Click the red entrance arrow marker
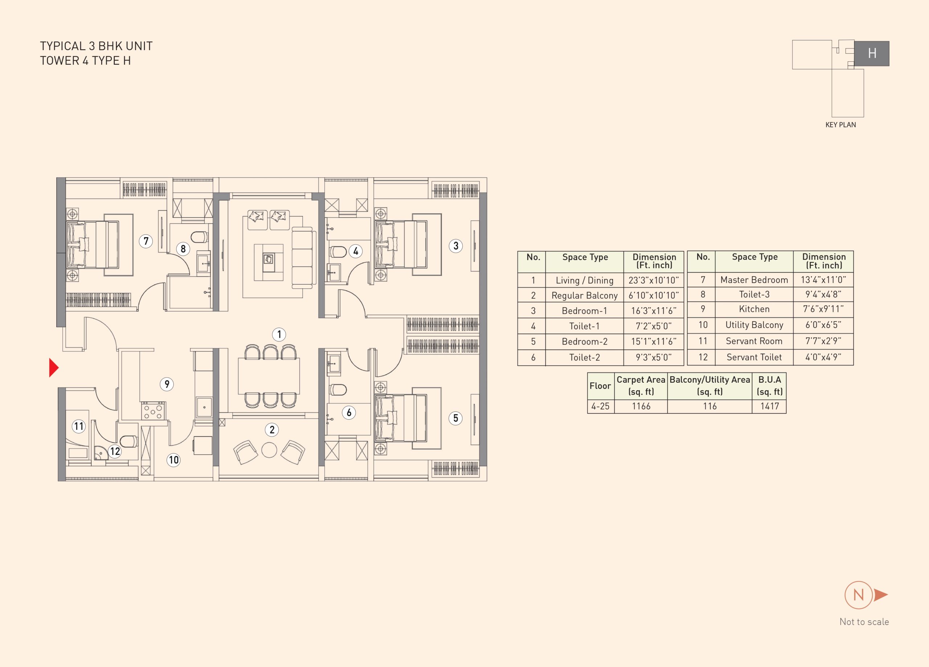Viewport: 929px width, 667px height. tap(54, 367)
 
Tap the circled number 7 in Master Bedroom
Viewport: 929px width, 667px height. tap(146, 241)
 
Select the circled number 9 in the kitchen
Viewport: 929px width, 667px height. tap(167, 384)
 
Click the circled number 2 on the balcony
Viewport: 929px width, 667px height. tap(272, 430)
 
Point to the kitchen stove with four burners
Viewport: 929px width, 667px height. tap(154, 411)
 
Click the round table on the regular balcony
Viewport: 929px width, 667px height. tap(269, 450)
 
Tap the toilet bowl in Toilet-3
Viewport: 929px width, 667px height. tap(200, 237)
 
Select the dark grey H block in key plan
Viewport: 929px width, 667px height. tap(872, 53)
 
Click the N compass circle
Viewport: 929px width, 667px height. tap(859, 595)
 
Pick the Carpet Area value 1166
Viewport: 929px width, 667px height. tap(641, 406)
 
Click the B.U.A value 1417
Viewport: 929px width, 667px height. tap(769, 406)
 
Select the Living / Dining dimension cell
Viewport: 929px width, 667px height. tap(654, 280)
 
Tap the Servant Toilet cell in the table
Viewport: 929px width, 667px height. tap(754, 357)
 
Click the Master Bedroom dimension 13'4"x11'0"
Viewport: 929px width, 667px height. tap(823, 280)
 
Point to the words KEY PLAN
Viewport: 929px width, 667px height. tap(840, 125)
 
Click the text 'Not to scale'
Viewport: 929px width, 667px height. tap(864, 622)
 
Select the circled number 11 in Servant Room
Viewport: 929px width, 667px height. tap(79, 426)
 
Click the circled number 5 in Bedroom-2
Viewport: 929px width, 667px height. tap(455, 418)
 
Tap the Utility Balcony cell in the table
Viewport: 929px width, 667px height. tap(754, 325)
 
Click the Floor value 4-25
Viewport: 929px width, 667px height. tap(601, 406)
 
